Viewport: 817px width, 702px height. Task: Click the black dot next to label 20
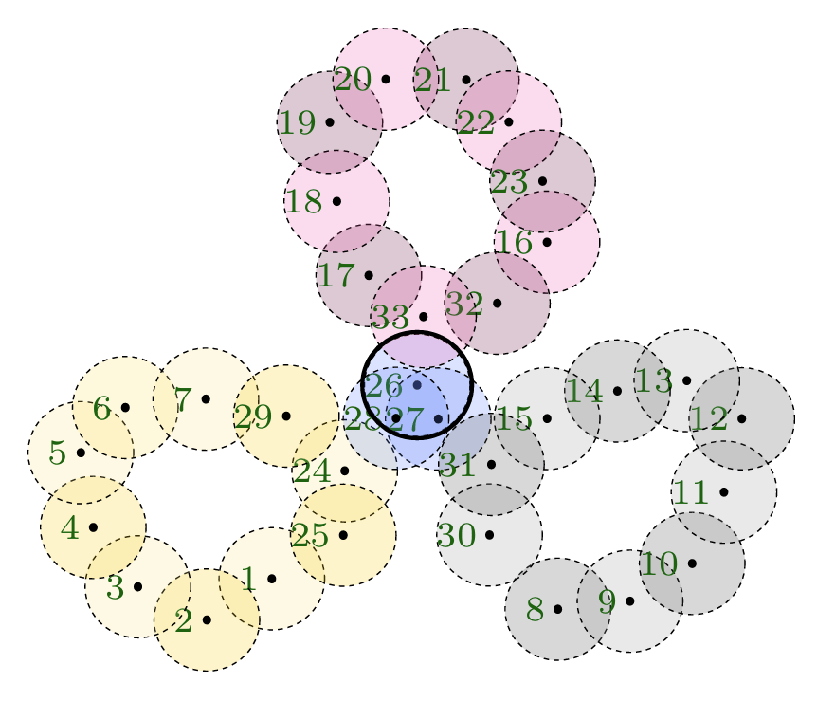(386, 79)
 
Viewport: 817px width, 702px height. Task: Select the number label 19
(298, 123)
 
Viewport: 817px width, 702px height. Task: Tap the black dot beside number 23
(542, 181)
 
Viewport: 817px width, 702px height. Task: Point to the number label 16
(514, 243)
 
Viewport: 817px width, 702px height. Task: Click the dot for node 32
(497, 303)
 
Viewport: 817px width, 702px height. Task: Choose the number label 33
(390, 317)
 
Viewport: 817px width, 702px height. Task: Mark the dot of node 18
(336, 201)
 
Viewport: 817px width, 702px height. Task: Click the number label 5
(58, 453)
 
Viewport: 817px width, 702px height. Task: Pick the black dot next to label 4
(93, 527)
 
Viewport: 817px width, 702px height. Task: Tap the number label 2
(184, 621)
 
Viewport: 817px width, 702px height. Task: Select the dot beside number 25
(343, 535)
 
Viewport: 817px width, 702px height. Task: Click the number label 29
(253, 417)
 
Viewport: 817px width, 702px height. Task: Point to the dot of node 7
(206, 399)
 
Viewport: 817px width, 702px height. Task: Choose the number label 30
(457, 535)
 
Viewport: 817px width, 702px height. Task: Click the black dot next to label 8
(557, 609)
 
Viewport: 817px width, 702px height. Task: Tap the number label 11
(691, 492)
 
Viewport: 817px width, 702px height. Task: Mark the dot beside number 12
(741, 418)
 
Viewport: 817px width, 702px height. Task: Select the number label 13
(654, 380)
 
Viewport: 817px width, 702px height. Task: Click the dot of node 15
(547, 418)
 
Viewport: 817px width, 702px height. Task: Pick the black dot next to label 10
(692, 563)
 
